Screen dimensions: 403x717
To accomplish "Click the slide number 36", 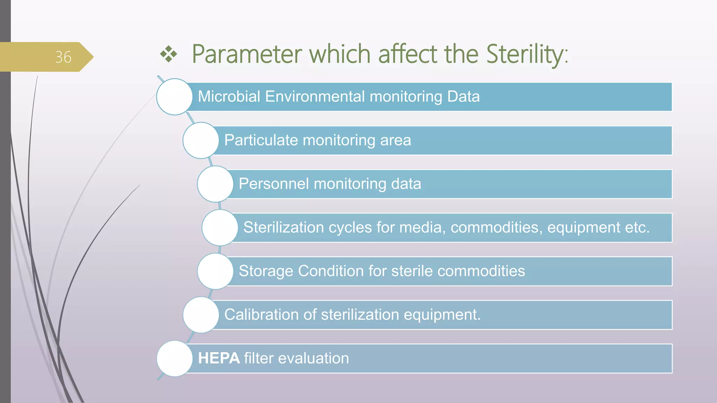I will (x=63, y=57).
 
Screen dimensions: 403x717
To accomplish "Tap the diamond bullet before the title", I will (x=169, y=54).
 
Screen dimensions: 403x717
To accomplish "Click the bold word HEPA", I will (x=219, y=358).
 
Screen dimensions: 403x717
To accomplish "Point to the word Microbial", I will (x=229, y=97).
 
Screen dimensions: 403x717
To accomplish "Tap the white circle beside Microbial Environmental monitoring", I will (x=174, y=97).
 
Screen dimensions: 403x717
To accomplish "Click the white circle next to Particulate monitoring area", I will (x=201, y=140).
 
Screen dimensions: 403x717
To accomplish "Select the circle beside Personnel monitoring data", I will (x=215, y=184).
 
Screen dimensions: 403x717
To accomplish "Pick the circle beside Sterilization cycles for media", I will (x=220, y=227).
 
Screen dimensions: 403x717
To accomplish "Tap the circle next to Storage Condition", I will (x=215, y=271).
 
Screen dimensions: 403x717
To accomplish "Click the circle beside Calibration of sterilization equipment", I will (x=201, y=315).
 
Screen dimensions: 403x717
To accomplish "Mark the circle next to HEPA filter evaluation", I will (x=174, y=358).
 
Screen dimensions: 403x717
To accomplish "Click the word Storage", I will (x=266, y=271).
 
